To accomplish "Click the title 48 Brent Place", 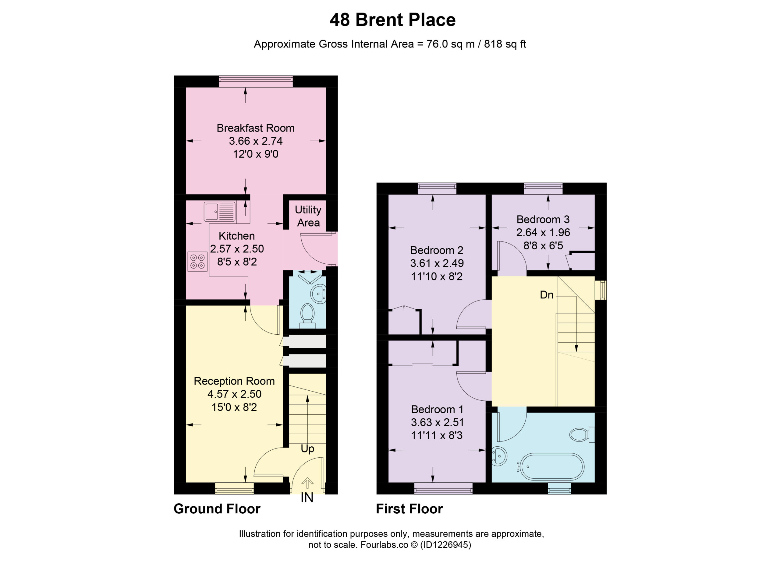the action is (392, 20).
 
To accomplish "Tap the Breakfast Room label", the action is (256, 128).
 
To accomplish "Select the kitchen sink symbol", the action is (220, 211).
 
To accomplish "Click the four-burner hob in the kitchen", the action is (198, 262).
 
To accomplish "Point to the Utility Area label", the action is (308, 216).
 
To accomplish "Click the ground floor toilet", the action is (307, 316).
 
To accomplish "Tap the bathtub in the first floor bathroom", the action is (552, 467).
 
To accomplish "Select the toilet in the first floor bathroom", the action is (582, 435).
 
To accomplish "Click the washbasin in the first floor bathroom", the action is (499, 456).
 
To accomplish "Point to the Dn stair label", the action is (547, 295).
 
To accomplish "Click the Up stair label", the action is (307, 449).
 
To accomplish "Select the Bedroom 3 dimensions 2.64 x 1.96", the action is (543, 232).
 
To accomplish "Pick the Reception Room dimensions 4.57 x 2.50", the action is (235, 394).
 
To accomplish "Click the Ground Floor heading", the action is (217, 509).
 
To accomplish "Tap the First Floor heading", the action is (409, 509).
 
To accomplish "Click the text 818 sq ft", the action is (505, 44).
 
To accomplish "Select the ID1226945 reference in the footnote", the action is (445, 545).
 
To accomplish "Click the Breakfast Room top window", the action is (256, 82).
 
